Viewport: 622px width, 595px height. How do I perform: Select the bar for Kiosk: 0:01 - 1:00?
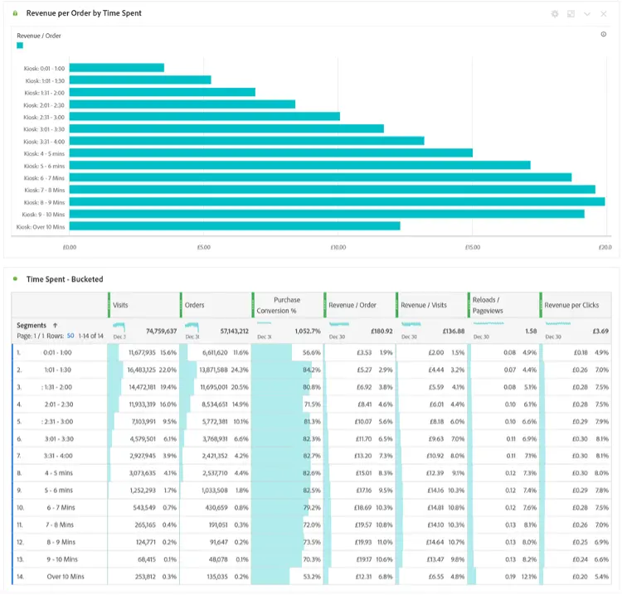[116, 68]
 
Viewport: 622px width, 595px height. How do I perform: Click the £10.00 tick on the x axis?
[338, 247]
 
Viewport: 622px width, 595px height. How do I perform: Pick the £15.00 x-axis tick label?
[473, 247]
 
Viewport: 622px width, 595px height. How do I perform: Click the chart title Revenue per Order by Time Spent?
[84, 14]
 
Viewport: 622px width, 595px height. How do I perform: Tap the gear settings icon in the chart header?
[555, 14]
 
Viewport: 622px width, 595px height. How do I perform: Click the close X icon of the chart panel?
[603, 14]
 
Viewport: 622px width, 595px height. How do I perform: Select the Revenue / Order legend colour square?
[20, 46]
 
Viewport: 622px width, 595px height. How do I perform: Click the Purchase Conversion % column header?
[287, 305]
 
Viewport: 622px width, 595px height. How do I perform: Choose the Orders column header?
[196, 305]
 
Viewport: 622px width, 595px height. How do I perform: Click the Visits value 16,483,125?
[148, 370]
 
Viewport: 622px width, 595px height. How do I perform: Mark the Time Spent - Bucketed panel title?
[65, 279]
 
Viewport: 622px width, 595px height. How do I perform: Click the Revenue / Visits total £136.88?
[448, 331]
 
